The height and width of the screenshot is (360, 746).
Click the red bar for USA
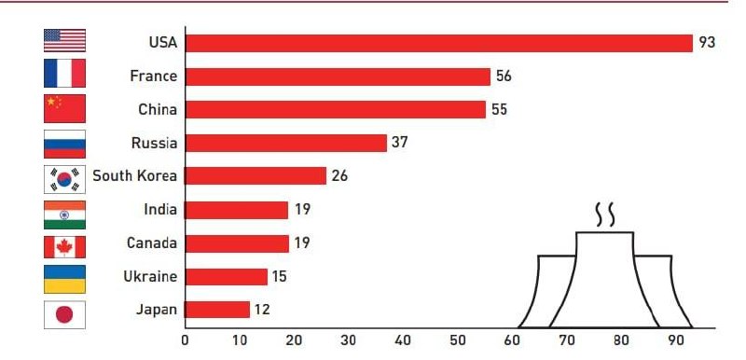(438, 43)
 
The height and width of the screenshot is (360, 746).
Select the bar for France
(338, 76)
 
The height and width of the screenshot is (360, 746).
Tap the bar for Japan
(217, 310)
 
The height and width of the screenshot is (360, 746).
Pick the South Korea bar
(256, 176)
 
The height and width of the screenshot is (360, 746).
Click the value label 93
(707, 43)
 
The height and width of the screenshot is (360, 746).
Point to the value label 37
(400, 142)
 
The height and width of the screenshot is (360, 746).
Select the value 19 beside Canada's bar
(301, 243)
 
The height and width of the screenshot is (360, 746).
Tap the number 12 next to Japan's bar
(262, 310)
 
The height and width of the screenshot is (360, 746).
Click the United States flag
(64, 40)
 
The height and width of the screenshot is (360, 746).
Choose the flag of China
(64, 108)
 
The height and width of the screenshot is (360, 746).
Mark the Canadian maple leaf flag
(64, 247)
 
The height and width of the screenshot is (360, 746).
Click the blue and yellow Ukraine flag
(64, 279)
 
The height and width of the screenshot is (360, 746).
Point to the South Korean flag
(64, 179)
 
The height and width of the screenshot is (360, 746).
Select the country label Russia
(154, 143)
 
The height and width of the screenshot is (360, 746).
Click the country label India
(160, 209)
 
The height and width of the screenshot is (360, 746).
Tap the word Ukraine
(150, 276)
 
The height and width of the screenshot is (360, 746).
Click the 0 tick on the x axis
(185, 340)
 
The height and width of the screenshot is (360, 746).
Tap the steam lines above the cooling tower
(604, 215)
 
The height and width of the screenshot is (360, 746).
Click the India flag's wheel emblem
(64, 215)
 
